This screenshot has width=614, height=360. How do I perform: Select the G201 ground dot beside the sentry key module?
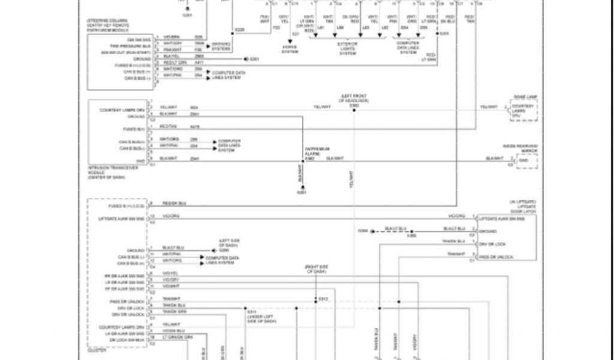pos(246,59)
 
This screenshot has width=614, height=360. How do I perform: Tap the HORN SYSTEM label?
pos(290,50)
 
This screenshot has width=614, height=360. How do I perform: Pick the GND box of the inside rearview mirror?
pos(524,161)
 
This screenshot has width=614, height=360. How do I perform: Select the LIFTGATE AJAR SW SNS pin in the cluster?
pos(122,218)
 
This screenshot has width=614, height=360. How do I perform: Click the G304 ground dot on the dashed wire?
pos(372,230)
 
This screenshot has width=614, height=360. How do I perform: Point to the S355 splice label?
pos(411,235)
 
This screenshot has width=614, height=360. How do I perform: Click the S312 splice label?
pos(323,299)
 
